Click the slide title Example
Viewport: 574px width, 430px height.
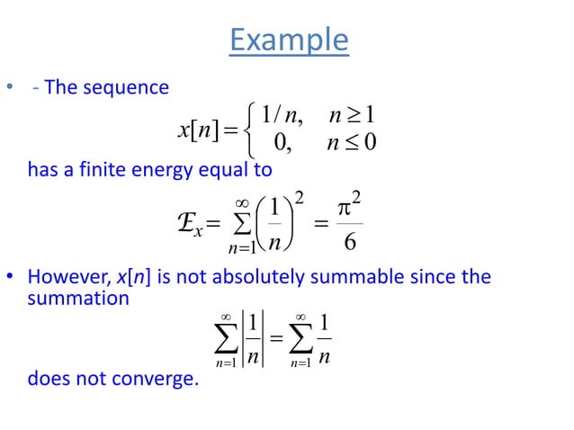point(288,40)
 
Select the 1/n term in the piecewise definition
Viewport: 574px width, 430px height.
point(283,115)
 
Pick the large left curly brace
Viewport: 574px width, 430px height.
point(248,129)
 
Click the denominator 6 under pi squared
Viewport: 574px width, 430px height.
point(351,243)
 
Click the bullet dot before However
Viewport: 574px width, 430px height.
point(10,277)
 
